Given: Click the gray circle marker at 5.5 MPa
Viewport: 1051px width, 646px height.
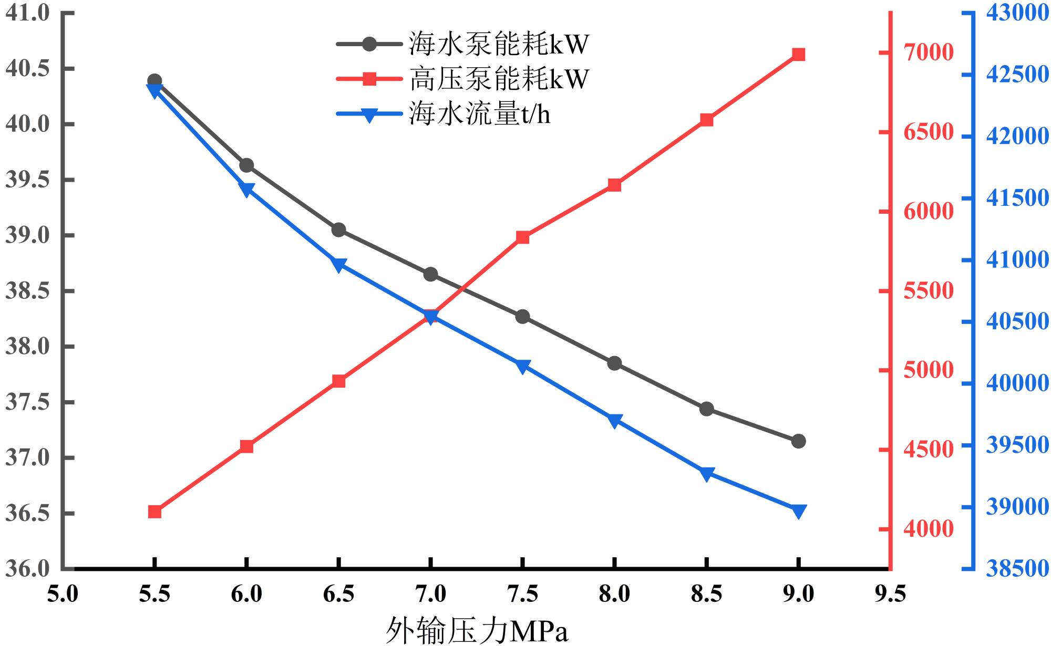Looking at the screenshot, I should [154, 81].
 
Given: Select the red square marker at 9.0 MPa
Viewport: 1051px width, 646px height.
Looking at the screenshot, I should [798, 55].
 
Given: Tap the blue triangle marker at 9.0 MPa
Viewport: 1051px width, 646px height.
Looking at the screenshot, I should [798, 511].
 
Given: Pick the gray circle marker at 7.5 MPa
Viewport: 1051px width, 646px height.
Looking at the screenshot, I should [522, 317].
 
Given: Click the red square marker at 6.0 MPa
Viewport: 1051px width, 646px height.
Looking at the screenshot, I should [246, 446].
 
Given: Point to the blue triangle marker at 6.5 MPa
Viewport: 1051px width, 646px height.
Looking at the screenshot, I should [338, 265].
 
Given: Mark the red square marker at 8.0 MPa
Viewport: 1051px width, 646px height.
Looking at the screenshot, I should [614, 185].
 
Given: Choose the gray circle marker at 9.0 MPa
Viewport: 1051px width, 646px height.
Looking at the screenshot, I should [798, 441].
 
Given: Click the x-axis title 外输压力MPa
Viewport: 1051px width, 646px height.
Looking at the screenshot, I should [477, 630].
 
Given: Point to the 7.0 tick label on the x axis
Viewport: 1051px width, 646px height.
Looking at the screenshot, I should [430, 594].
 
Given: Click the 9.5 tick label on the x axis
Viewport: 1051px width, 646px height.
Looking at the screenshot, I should [890, 594].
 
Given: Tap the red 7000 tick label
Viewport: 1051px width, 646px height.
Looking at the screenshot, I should [928, 53].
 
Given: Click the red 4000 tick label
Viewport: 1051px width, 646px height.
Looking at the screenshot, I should [928, 528].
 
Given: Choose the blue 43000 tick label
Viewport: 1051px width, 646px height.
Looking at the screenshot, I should [1017, 13].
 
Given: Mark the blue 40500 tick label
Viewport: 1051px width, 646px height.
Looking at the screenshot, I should [1017, 322].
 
